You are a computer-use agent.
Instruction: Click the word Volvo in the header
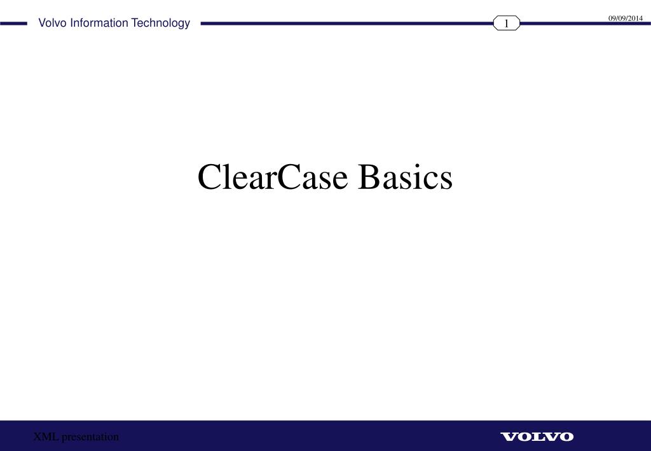(53, 24)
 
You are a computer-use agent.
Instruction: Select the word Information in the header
(99, 24)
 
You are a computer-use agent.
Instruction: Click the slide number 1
(507, 24)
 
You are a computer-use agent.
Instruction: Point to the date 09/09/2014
(626, 18)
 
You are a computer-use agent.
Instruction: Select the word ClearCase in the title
(273, 177)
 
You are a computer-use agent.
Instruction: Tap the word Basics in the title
(405, 177)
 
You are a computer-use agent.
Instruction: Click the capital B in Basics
(368, 177)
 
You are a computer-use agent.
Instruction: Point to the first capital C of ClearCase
(209, 177)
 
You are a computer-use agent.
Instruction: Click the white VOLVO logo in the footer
(537, 436)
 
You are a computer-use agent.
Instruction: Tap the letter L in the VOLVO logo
(537, 436)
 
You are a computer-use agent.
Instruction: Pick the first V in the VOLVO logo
(508, 436)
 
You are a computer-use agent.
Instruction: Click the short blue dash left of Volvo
(14, 24)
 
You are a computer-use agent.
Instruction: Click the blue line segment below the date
(585, 24)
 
